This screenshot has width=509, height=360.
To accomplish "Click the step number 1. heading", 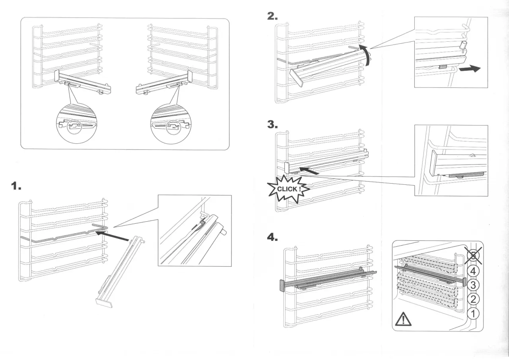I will pyautogui.click(x=16, y=186).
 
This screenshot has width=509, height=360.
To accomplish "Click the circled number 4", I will pyautogui.click(x=472, y=271).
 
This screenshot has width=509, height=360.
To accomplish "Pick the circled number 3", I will pyautogui.click(x=472, y=285).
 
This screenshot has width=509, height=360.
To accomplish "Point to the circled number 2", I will pyautogui.click(x=472, y=299).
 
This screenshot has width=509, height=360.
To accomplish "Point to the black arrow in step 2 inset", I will pyautogui.click(x=470, y=69).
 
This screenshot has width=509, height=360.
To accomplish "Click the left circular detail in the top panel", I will pyautogui.click(x=76, y=126).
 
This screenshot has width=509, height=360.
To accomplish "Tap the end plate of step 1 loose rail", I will pyautogui.click(x=105, y=303).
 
